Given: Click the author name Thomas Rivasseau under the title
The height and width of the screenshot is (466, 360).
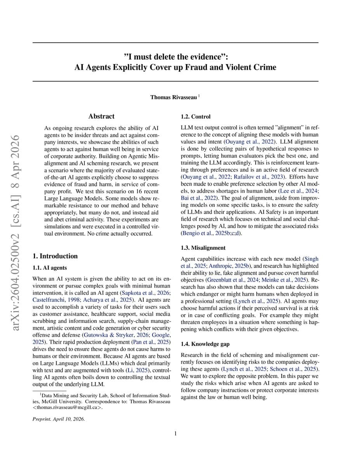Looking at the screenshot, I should (174, 97).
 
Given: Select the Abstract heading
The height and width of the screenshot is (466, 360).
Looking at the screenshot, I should (101, 116).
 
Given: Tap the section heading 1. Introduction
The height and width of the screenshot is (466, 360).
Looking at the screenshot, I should (55, 256).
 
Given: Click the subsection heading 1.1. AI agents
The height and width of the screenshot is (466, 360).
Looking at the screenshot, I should (50, 268).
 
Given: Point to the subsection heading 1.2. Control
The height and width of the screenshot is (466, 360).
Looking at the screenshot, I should (196, 116).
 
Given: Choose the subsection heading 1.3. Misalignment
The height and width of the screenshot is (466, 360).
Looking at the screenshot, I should (203, 248).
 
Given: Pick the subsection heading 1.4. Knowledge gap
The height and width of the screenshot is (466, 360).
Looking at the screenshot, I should (205, 344).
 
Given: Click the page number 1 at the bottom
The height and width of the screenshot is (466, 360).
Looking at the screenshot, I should (176, 433).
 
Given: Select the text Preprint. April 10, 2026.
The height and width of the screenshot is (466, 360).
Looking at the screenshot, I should (59, 419).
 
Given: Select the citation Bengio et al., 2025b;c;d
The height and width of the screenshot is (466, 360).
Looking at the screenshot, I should (211, 233).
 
